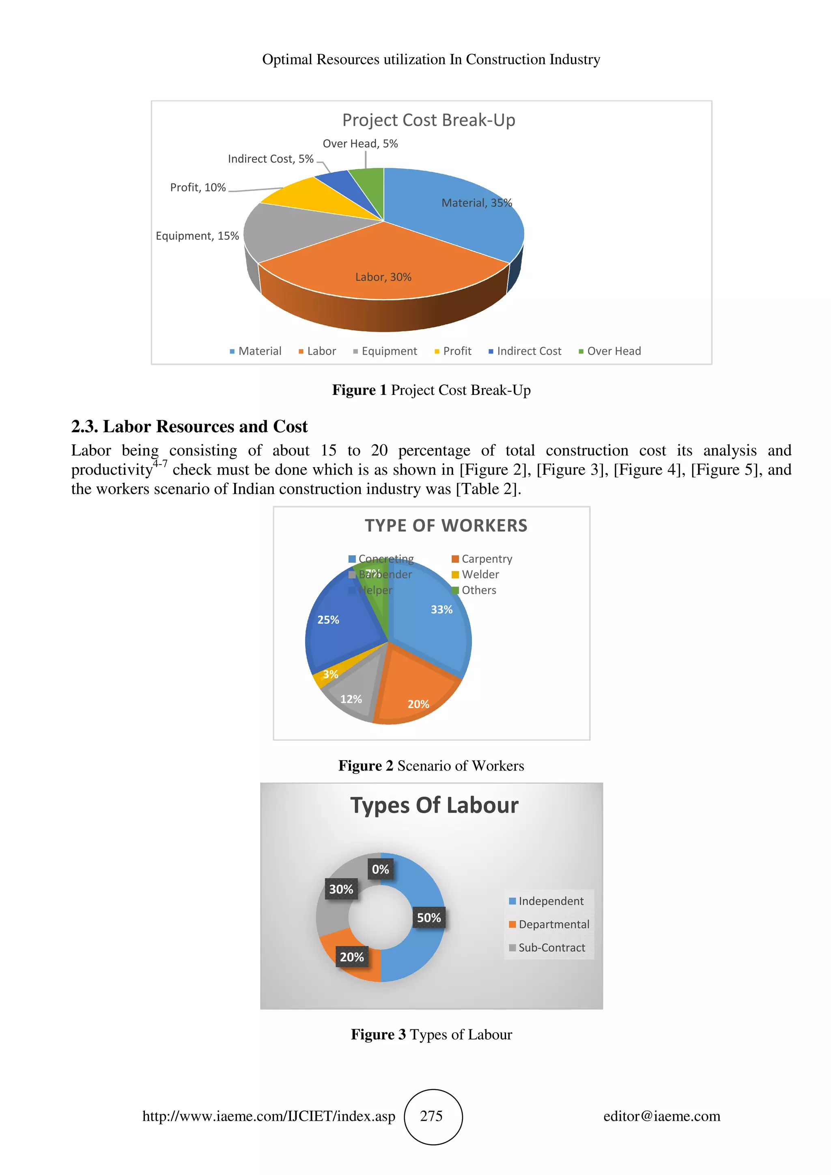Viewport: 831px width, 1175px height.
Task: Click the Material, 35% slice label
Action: click(476, 203)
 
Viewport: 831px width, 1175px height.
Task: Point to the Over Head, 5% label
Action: click(360, 144)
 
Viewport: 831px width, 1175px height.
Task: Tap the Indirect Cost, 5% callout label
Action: click(270, 159)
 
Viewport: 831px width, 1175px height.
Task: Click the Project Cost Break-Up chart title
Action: click(428, 120)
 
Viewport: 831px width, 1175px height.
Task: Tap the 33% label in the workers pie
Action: click(441, 609)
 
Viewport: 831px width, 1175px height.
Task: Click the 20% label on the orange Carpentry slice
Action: click(418, 704)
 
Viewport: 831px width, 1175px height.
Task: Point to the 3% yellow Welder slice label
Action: click(330, 675)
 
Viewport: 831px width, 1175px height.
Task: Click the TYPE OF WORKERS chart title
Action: click(446, 525)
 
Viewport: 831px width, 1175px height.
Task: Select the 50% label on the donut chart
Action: click(428, 918)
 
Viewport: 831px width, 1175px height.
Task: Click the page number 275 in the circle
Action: click(431, 1116)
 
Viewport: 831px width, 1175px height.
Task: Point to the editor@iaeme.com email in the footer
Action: click(661, 1116)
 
